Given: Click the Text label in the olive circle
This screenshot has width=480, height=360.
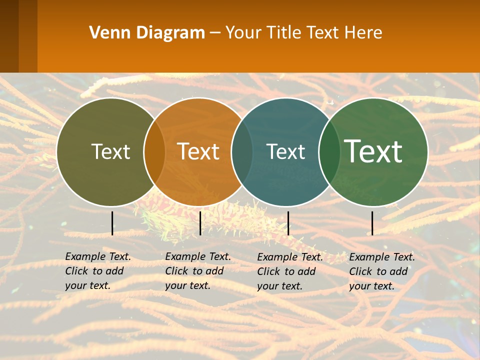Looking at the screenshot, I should [x=110, y=151].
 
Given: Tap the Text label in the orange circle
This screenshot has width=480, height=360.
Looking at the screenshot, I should [x=198, y=151].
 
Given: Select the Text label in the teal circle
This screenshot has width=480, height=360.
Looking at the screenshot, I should [x=285, y=151].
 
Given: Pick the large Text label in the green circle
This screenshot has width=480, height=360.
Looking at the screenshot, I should [x=373, y=151].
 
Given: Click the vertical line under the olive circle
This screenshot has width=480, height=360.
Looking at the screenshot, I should [x=112, y=223].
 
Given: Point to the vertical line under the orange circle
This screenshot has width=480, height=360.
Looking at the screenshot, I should [x=200, y=223].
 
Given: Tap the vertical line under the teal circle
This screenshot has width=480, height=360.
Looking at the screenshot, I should [x=288, y=223].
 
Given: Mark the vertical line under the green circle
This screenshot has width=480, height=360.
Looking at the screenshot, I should [x=372, y=223].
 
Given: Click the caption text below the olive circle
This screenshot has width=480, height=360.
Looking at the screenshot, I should [x=98, y=271].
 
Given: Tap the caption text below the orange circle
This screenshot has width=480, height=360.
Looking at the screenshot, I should [x=198, y=271].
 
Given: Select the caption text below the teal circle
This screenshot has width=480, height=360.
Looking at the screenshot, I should [x=290, y=271].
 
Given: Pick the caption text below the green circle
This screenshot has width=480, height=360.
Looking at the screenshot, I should [x=382, y=271].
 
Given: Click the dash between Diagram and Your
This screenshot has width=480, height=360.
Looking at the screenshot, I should [x=215, y=33].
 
